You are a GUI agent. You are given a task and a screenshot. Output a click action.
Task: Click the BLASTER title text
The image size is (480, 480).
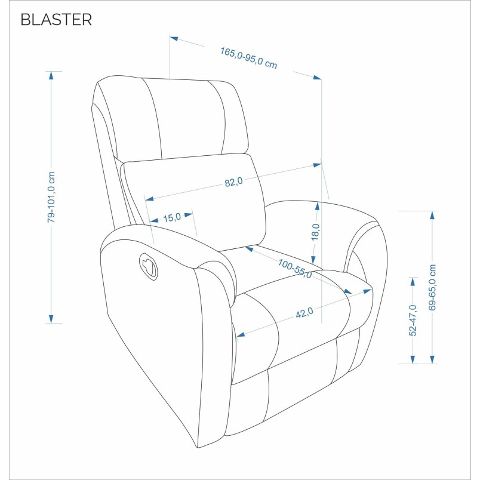click(56, 20)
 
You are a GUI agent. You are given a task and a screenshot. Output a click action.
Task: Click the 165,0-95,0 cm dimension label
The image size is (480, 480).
click(248, 58)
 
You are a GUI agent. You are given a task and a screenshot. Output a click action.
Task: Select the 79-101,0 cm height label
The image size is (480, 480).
click(51, 197)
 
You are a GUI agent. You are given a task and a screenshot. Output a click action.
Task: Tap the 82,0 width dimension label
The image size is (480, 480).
click(233, 182)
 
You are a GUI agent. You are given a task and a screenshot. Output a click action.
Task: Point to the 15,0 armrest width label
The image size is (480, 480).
click(172, 218)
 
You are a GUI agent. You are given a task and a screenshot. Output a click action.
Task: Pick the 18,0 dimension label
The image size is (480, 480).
click(315, 232)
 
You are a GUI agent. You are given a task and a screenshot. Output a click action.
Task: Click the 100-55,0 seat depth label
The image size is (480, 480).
click(295, 269)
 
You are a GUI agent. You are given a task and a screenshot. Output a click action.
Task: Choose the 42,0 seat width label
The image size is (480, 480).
click(304, 313)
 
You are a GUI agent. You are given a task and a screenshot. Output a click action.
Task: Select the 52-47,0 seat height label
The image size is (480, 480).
click(413, 320)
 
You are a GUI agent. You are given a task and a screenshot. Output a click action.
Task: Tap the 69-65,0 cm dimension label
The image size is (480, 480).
click(432, 287)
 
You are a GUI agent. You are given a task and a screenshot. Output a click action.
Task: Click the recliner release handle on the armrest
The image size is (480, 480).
click(149, 266)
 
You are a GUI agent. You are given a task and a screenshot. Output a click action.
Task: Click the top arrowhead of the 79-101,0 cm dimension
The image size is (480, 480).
click(51, 75)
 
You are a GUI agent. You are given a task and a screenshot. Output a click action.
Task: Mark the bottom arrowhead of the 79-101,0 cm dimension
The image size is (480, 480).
click(51, 319)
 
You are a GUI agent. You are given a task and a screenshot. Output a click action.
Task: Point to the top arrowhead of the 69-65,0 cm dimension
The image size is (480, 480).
click(432, 215)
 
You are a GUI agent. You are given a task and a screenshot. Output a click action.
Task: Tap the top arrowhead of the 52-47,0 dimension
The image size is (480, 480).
click(413, 282)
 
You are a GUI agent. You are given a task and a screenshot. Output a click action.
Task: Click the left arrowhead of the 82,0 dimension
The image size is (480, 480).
click(149, 199)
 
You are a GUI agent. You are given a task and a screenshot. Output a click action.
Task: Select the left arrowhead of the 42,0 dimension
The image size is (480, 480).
click(241, 334)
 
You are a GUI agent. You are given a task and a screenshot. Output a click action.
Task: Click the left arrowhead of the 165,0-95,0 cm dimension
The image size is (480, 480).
click(174, 39)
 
